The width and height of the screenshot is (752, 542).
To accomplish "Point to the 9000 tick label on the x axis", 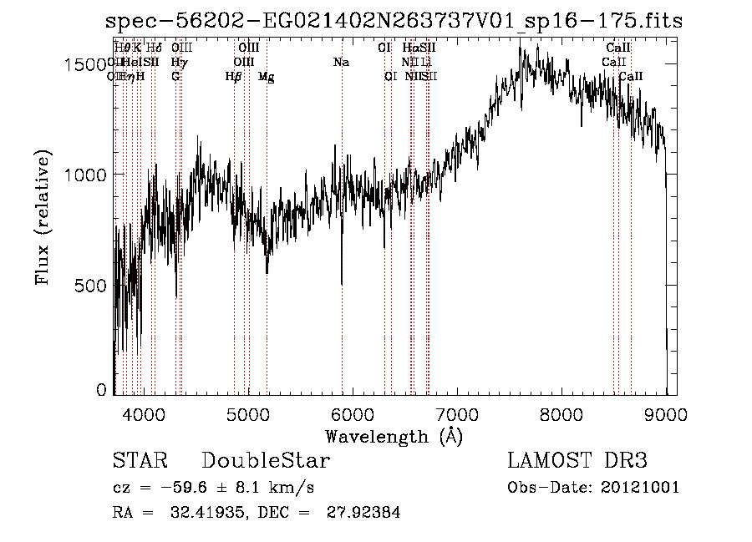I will (x=665, y=413).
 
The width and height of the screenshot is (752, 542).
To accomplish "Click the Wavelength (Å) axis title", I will (x=394, y=436).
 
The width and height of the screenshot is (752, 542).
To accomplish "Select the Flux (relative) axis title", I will (x=43, y=217).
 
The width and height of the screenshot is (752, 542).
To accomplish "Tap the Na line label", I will (x=341, y=63).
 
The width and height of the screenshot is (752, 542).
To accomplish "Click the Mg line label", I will (x=267, y=77).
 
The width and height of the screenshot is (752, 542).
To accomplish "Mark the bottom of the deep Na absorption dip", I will (x=342, y=284).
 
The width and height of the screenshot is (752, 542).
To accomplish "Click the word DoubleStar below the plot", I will (x=266, y=461).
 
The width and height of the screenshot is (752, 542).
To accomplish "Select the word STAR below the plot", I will (x=140, y=461).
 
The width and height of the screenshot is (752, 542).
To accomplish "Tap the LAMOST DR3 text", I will (x=577, y=461).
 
